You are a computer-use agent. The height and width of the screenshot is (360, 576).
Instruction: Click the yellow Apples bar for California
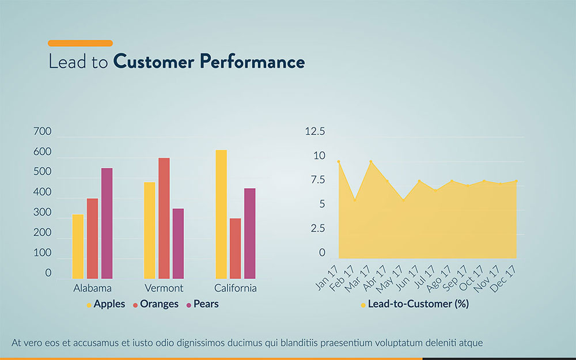click(221, 214)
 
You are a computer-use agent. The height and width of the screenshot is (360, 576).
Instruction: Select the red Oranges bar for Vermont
click(164, 218)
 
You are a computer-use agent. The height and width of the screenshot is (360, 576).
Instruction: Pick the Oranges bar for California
click(235, 248)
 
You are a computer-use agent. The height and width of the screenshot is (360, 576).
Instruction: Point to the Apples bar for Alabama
click(78, 247)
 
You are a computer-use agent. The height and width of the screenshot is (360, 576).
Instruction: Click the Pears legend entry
click(202, 304)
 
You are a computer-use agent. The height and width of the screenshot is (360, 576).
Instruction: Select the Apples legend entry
click(106, 304)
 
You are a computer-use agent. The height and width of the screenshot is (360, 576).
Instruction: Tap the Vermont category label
click(164, 288)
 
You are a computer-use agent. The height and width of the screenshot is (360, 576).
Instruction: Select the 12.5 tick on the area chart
click(314, 132)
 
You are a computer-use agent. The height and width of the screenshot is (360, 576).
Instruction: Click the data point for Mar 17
click(371, 162)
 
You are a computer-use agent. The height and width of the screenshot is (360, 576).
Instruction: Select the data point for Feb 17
click(355, 200)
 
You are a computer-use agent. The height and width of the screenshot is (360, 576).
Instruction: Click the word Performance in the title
click(252, 62)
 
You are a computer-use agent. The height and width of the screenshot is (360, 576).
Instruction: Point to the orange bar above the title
click(80, 43)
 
